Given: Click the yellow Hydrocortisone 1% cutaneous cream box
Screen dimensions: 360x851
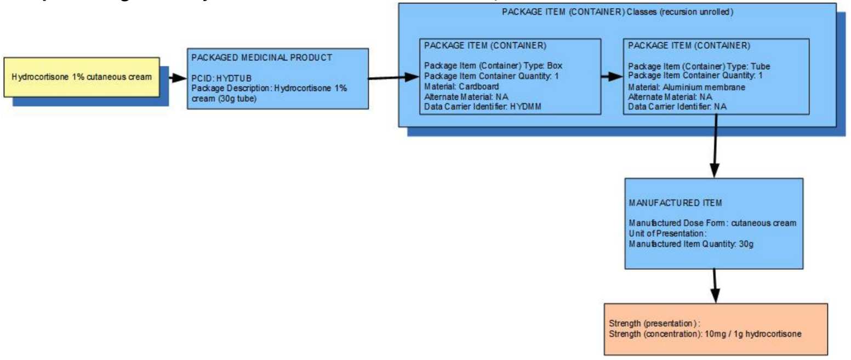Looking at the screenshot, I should [82, 76].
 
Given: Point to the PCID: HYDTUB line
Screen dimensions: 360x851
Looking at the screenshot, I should [221, 78].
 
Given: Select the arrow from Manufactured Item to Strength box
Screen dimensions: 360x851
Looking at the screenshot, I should [714, 285].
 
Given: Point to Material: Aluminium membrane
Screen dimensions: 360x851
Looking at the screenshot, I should [687, 87].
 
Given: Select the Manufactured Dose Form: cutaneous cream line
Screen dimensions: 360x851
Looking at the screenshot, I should [712, 223].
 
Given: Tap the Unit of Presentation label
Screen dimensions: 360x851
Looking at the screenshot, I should [660, 233].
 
